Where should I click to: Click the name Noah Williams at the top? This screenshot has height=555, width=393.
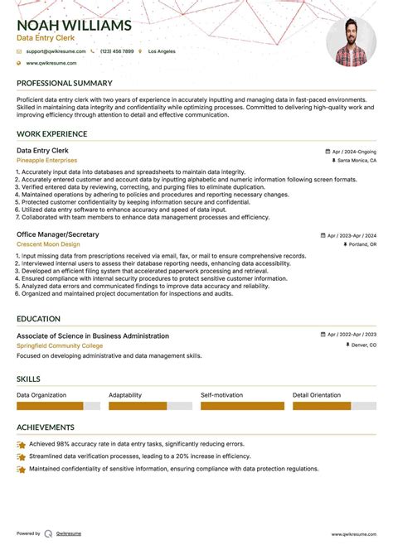point(74,26)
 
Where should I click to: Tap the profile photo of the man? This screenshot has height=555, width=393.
point(351,42)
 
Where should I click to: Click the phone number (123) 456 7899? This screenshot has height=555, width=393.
point(116,51)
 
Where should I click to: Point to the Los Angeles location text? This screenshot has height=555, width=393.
point(161,51)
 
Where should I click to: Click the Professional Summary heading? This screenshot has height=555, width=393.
point(64,84)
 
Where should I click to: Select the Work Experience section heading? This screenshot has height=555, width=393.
point(51,134)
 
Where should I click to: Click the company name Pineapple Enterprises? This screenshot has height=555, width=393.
point(46,161)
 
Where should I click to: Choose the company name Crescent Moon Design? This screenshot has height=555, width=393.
point(48,245)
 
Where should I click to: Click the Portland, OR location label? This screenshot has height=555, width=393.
point(361,245)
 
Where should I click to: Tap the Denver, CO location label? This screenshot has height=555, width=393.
point(361,345)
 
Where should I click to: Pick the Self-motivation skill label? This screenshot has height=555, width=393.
point(223,395)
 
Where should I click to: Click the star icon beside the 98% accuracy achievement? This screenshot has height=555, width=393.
point(21,445)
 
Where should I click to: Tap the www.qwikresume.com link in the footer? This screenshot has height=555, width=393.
point(354,534)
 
